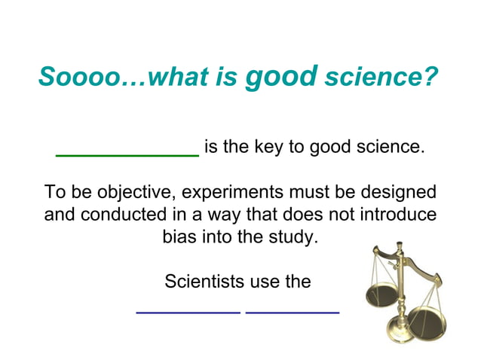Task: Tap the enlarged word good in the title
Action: coord(281,75)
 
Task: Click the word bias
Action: coord(179,237)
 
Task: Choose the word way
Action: coord(262,215)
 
